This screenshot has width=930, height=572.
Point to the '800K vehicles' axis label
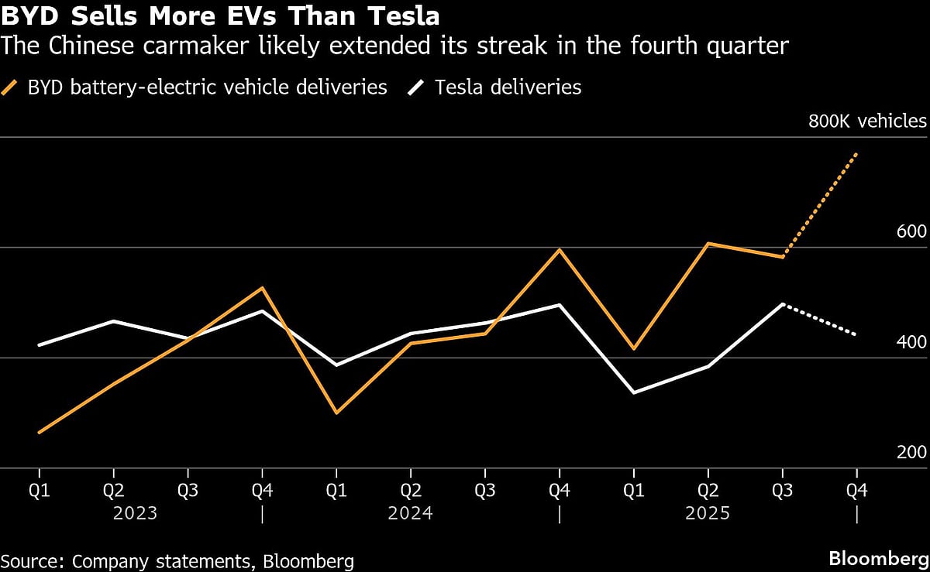867,122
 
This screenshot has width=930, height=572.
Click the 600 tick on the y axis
911,232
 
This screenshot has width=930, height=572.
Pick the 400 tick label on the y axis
911,342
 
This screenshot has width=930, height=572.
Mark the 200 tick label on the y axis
911,453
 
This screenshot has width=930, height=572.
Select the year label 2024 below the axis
410,513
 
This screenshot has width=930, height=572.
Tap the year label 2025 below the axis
708,513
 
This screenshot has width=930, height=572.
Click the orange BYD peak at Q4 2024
559,249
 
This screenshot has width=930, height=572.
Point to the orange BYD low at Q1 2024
336,413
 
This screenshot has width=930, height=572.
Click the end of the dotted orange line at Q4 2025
856,154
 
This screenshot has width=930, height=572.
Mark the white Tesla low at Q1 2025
633,393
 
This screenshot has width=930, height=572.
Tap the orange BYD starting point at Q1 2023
39,433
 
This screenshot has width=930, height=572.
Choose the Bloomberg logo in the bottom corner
877,559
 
